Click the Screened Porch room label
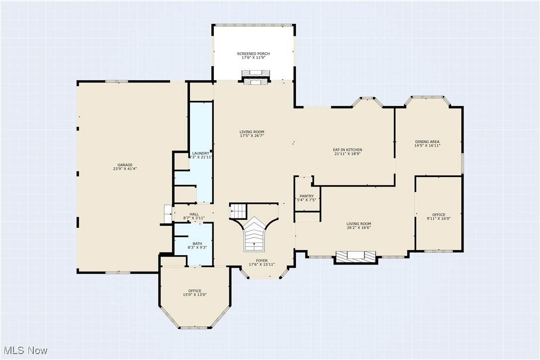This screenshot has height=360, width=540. tap(253, 54)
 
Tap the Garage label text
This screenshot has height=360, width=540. tap(125, 165)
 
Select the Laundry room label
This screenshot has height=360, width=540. tap(200, 153)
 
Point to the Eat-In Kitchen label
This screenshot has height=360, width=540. tap(347, 150)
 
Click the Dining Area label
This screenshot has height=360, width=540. tap(427, 142)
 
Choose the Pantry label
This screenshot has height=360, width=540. tap(306, 196)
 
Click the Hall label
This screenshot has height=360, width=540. tap(194, 214)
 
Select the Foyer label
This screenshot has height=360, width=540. tap(262, 261)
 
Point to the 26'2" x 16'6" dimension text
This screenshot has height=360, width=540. tap(359, 228)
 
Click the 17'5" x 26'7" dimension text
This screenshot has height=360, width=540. tap(252, 136)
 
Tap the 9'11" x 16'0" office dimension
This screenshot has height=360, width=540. tap(439, 218)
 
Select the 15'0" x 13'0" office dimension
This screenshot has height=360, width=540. tap(194, 294)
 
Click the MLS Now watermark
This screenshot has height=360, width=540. tap(25, 351)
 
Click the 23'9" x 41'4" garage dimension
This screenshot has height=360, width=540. tap(125, 169)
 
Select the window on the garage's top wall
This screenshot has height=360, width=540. tap(117, 82)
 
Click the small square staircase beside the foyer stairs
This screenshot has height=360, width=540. tap(238, 210)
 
